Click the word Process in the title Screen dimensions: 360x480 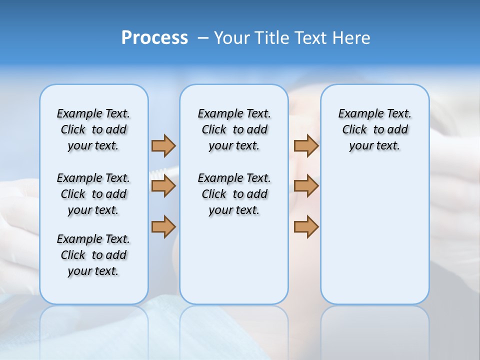(154, 38)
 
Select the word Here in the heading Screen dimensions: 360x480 (352, 38)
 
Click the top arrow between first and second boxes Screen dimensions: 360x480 (163, 145)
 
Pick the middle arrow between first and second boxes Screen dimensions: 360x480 (163, 186)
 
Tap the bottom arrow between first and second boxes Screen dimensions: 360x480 (163, 226)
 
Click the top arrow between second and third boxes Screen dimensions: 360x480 (306, 145)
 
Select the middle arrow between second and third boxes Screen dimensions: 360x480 (306, 186)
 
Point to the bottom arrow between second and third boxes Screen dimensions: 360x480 (306, 226)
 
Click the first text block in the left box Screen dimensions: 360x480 (93, 129)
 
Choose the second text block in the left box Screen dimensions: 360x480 (93, 194)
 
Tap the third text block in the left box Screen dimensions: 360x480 (93, 255)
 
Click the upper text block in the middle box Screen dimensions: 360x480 (234, 129)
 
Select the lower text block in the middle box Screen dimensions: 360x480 (234, 194)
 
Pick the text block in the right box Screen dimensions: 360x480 (374, 129)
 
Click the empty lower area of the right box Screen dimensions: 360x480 (374, 235)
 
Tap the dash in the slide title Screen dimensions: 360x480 (203, 38)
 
